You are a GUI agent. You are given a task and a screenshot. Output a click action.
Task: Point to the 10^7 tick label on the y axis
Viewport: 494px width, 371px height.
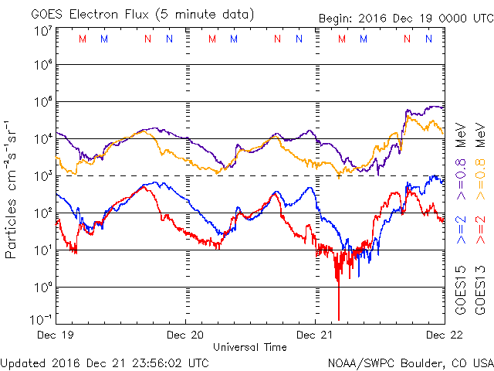click(x=42, y=31)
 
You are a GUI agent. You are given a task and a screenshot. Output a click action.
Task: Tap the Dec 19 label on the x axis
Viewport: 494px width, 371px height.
click(x=57, y=335)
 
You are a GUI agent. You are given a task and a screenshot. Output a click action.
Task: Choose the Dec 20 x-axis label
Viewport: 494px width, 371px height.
click(x=185, y=335)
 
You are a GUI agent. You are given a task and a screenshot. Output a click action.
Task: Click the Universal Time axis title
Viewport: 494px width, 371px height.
click(x=250, y=347)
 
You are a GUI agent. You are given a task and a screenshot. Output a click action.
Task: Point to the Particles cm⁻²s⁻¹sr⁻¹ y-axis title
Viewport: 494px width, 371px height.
click(x=12, y=189)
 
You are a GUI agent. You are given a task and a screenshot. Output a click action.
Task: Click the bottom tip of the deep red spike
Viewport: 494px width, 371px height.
click(x=338, y=319)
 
